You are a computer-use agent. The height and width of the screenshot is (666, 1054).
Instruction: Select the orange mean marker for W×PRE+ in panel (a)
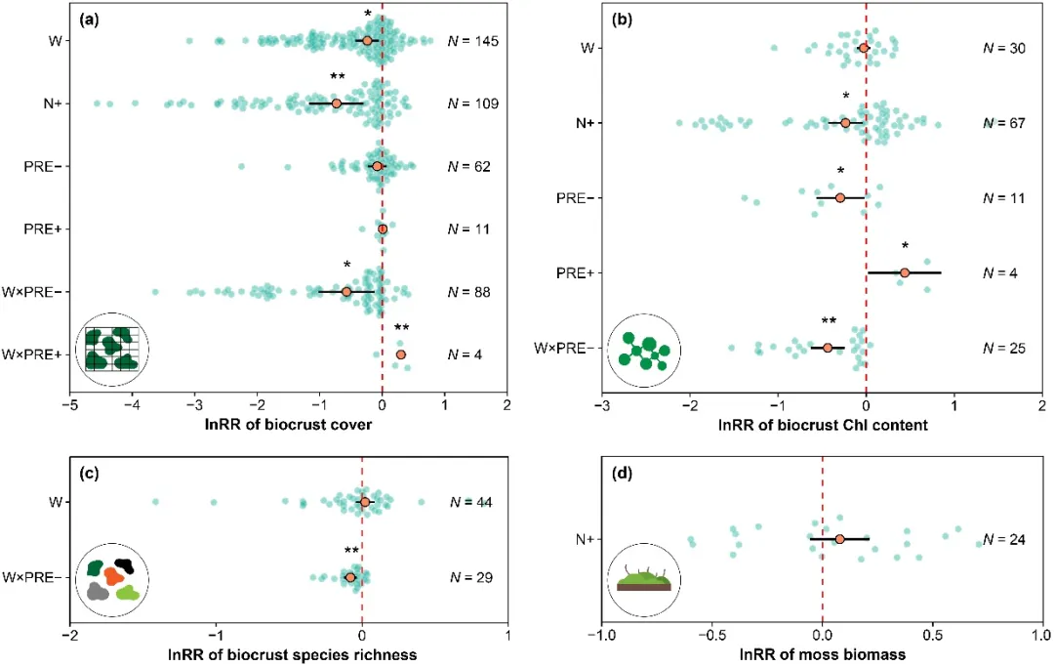400,354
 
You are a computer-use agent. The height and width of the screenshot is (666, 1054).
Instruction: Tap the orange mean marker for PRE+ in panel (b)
905,272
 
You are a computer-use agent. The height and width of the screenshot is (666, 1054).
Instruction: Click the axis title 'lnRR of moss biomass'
823,653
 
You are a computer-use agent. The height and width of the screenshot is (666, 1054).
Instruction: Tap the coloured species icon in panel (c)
113,580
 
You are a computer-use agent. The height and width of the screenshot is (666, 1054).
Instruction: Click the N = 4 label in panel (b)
1000,272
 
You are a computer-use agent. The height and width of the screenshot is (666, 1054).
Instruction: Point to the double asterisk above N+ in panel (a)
338,77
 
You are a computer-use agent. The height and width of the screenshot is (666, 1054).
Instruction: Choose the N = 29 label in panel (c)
468,577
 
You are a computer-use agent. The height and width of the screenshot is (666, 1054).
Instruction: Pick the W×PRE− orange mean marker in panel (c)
351,577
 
